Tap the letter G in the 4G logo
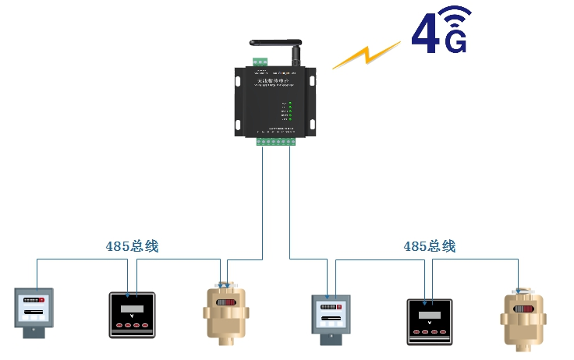(455, 41)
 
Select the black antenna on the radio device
(297, 53)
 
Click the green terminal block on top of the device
(259, 60)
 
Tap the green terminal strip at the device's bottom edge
(278, 141)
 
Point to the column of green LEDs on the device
(291, 111)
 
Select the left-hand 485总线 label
(132, 246)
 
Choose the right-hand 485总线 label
(429, 246)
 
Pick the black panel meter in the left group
(131, 315)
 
